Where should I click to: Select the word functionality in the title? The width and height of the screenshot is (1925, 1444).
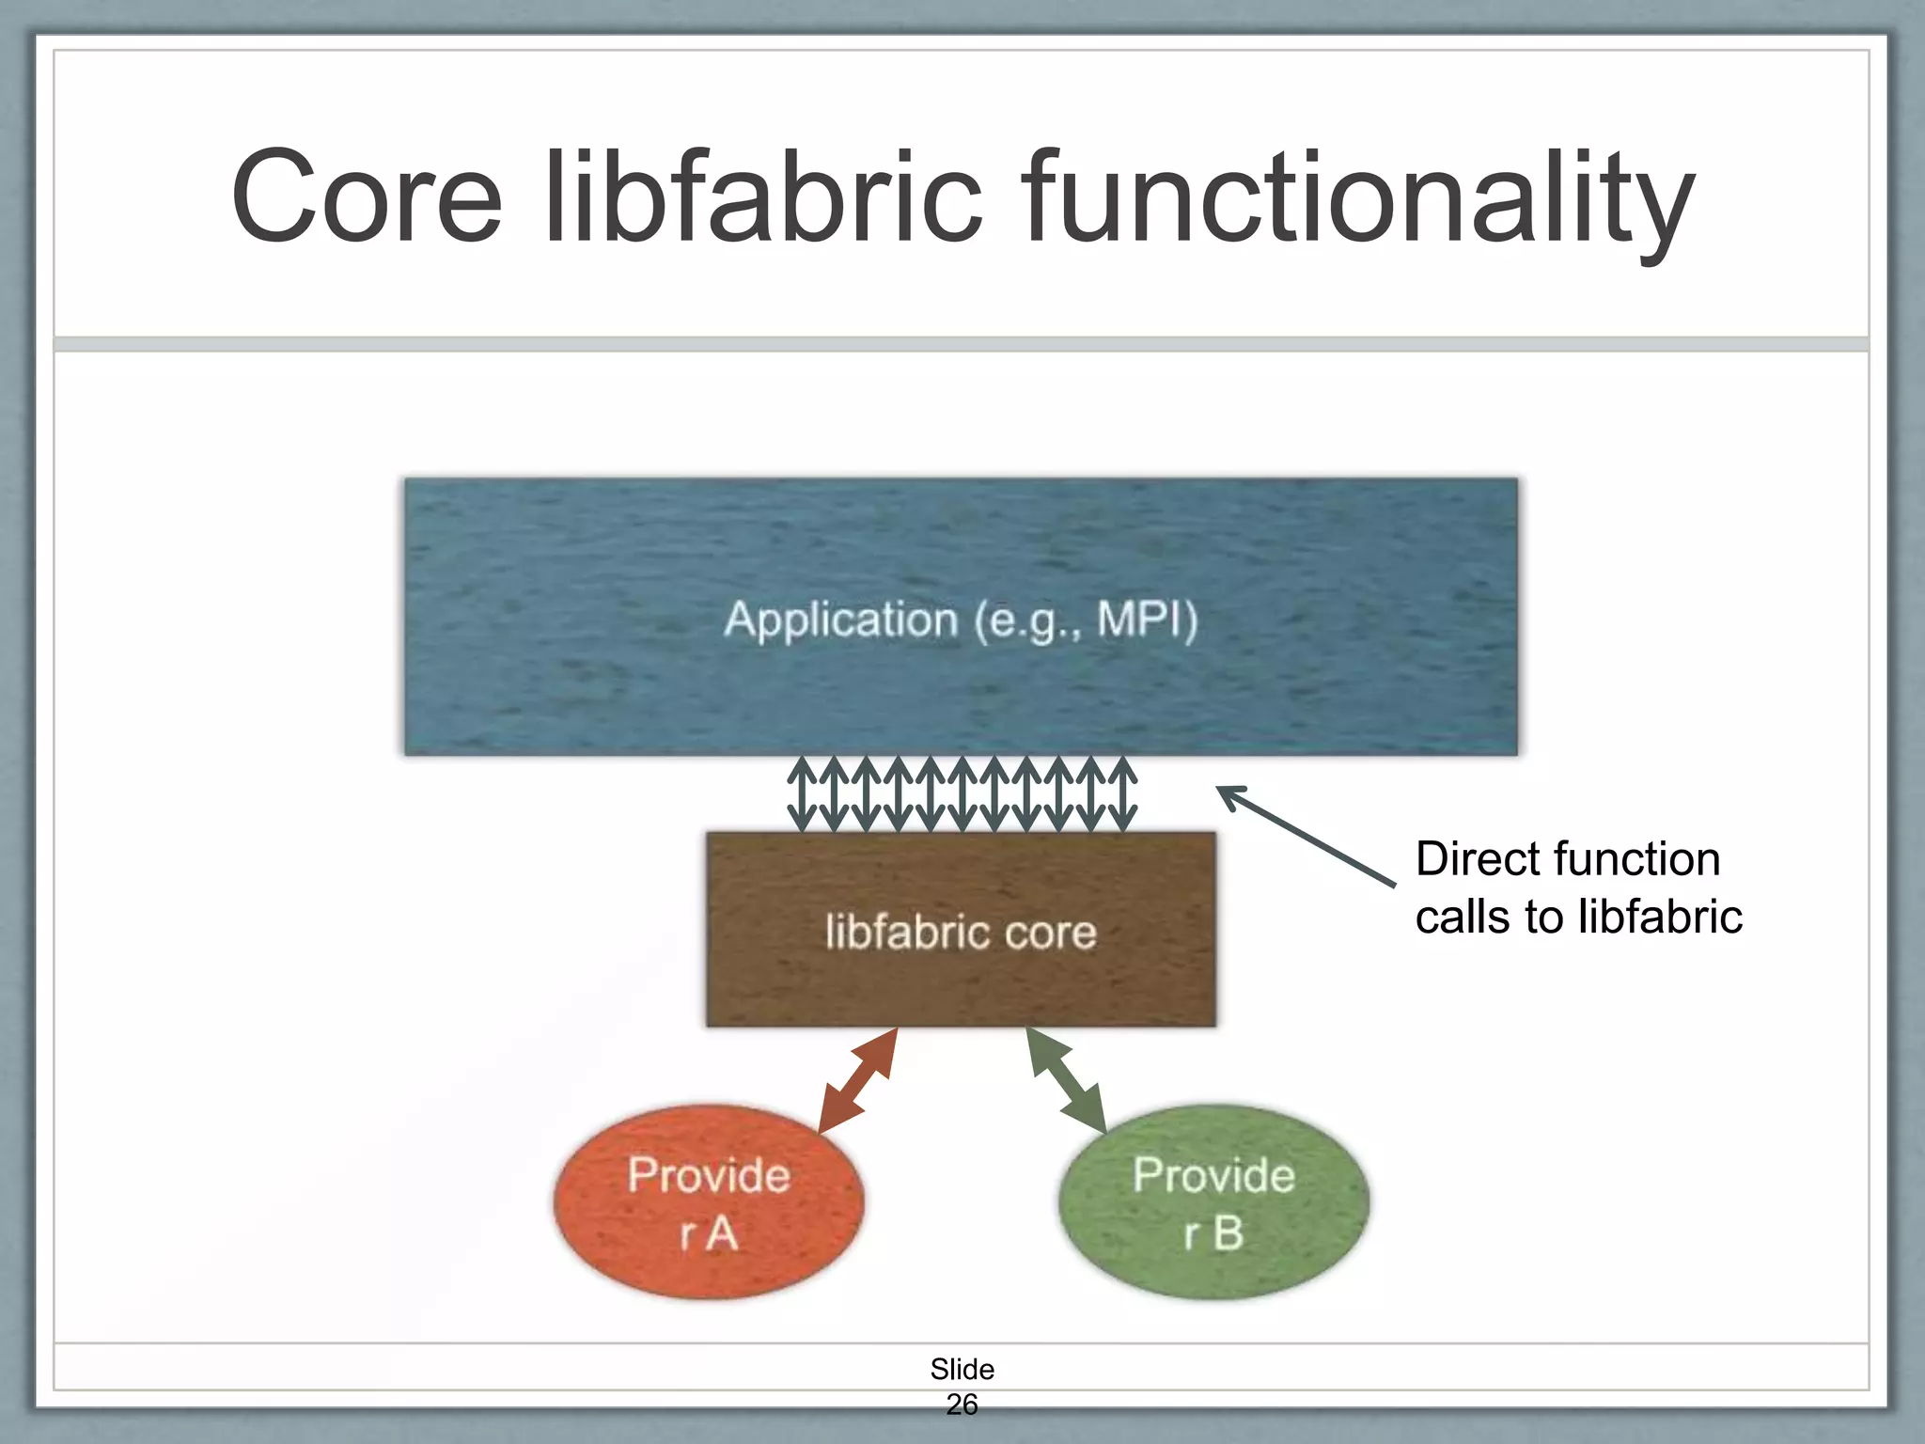(1357, 199)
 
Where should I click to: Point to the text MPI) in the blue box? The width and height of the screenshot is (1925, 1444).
(1148, 620)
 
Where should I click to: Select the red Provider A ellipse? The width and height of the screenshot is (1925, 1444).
(708, 1203)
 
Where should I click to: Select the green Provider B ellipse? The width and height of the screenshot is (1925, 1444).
(1213, 1203)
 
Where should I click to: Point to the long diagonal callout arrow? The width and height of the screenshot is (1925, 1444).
(1307, 836)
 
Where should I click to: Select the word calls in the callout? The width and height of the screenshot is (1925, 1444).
(1463, 917)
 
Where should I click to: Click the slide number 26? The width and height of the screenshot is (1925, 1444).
(962, 1405)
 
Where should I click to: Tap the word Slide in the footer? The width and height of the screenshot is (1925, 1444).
(962, 1369)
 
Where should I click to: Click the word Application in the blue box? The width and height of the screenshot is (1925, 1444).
(840, 620)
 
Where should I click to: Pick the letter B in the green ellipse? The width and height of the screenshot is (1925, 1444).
(1228, 1233)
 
